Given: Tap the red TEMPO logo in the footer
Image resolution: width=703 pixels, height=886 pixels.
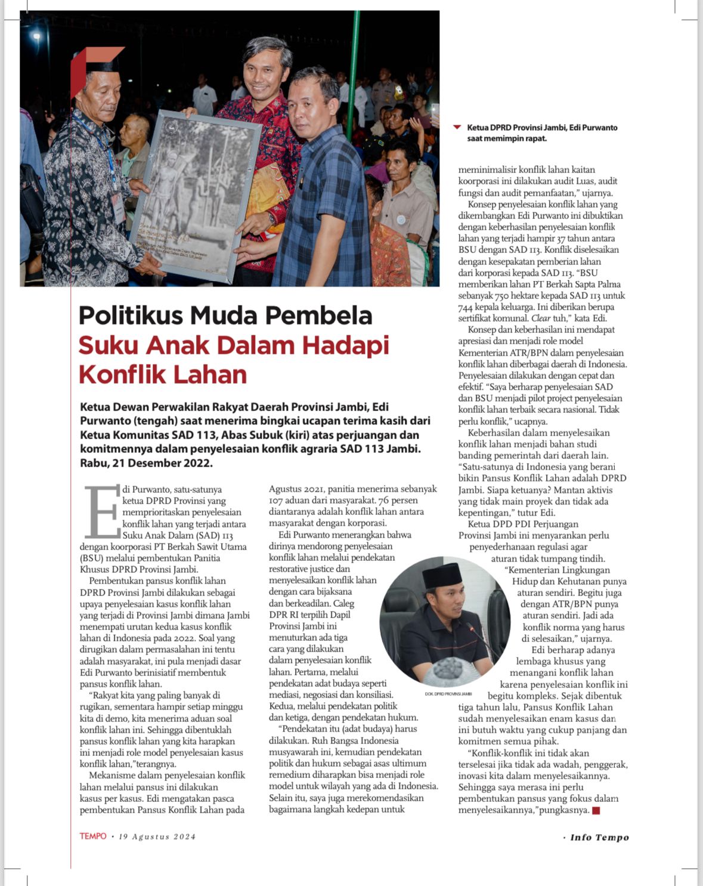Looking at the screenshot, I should [x=93, y=836].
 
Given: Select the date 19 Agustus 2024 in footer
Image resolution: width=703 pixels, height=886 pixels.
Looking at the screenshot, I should [x=157, y=836].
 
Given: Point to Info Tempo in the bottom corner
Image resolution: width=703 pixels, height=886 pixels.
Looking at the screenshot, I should [x=599, y=837].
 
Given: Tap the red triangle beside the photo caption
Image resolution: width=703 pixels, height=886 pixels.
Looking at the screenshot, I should [x=457, y=127].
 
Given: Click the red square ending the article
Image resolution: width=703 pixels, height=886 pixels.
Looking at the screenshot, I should [x=596, y=810].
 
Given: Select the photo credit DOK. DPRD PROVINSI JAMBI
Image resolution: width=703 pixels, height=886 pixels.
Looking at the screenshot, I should [x=448, y=694].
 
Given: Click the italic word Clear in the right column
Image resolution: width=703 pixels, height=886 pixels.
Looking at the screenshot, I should [x=541, y=319].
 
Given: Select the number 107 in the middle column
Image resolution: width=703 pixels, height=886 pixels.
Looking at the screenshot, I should [x=276, y=501].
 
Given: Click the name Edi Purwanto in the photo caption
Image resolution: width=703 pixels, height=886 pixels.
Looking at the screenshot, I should [x=593, y=128].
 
